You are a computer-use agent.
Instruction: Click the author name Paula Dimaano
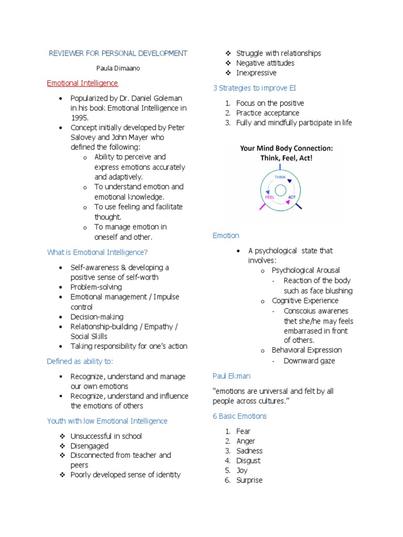[x=118, y=68]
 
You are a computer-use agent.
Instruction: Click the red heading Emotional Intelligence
[x=82, y=83]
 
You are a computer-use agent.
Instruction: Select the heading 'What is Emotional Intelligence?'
[x=97, y=252]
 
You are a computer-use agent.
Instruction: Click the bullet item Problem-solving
[x=96, y=287]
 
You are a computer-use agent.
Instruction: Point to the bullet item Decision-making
[x=97, y=317]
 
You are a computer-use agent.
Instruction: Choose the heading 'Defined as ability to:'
[x=80, y=361]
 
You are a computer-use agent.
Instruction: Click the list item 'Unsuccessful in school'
[x=106, y=436]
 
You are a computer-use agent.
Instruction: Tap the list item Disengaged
[x=90, y=446]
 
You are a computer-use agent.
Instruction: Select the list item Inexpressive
[x=256, y=73]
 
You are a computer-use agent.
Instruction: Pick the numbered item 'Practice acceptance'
[x=268, y=113]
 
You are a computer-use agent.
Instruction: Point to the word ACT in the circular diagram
[x=292, y=197]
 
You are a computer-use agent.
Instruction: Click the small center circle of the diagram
[x=280, y=189]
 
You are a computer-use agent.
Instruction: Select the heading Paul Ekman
[x=231, y=376]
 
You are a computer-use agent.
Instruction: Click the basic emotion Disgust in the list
[x=248, y=460]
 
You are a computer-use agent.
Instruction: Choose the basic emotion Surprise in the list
[x=249, y=480]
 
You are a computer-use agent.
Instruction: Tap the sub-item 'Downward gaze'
[x=309, y=361]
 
